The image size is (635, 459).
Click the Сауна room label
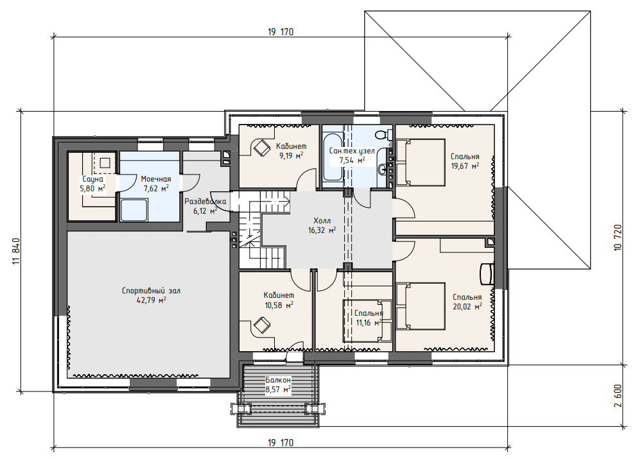tap(92, 179)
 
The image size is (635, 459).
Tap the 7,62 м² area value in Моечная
tap(156, 188)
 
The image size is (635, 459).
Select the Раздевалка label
tap(205, 201)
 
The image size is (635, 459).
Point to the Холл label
tap(322, 221)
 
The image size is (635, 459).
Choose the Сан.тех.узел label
tap(352, 151)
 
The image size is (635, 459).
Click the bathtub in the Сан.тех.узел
tap(332, 156)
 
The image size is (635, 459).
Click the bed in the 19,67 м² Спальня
tap(421, 162)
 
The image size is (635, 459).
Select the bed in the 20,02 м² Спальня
tap(421, 306)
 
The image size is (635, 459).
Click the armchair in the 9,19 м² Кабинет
tap(262, 148)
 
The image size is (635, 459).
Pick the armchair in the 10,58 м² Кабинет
tap(262, 325)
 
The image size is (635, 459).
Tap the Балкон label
tap(278, 380)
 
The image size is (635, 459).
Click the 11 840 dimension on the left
tap(17, 252)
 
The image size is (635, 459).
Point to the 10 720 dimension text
tap(618, 238)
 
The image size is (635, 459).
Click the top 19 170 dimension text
tap(280, 32)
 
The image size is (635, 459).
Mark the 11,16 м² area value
tap(369, 323)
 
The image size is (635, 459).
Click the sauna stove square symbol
tap(105, 162)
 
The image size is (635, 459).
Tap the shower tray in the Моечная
tap(134, 210)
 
